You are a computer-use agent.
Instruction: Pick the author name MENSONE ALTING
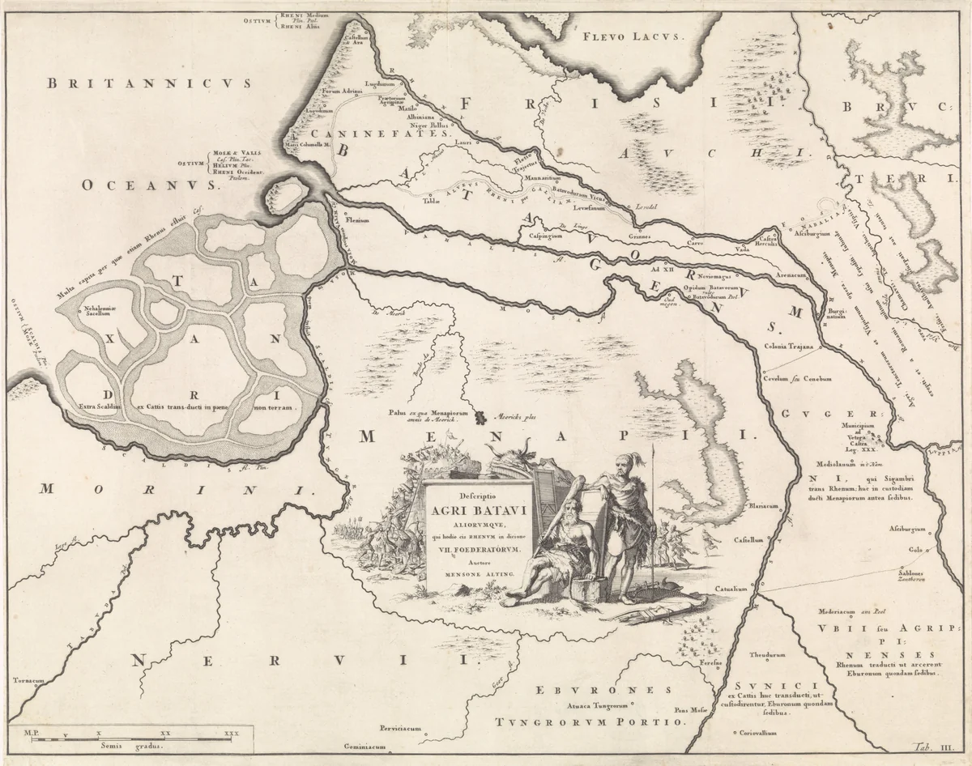pyautogui.click(x=478, y=573)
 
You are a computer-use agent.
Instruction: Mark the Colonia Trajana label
pyautogui.click(x=790, y=347)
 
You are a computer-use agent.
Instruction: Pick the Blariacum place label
pyautogui.click(x=762, y=505)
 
